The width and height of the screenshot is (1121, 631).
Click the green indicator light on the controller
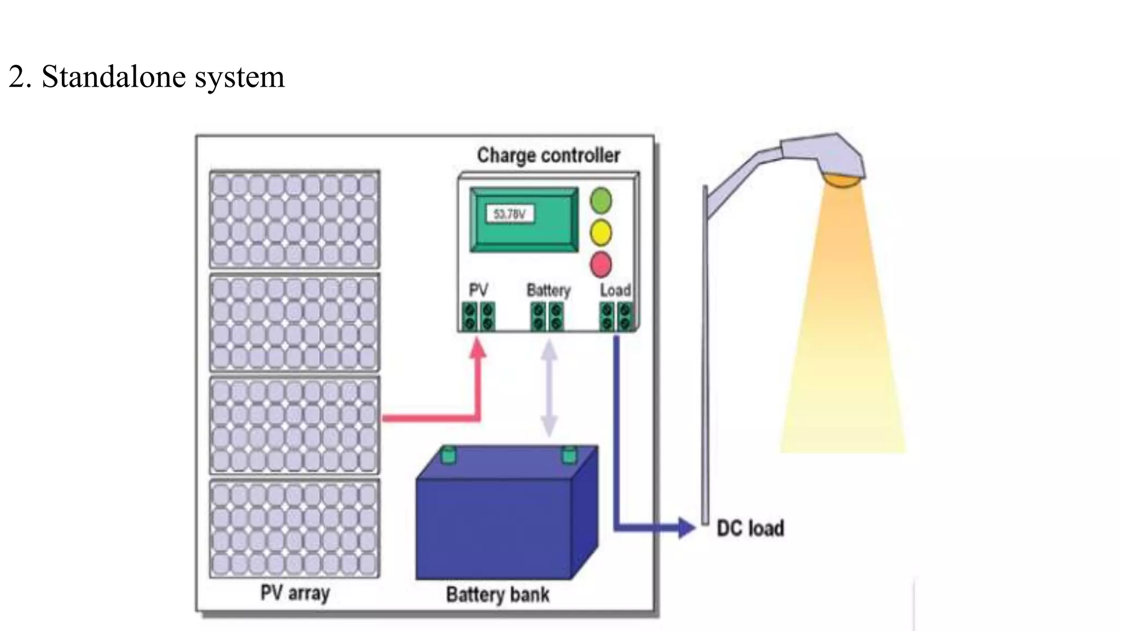click(600, 200)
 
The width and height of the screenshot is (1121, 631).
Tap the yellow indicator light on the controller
click(600, 232)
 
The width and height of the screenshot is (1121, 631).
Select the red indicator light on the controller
click(600, 265)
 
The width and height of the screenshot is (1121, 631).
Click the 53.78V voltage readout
click(510, 214)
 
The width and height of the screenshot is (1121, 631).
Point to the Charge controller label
click(548, 155)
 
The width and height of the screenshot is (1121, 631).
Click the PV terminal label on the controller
click(478, 290)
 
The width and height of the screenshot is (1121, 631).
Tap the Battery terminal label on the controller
click(548, 290)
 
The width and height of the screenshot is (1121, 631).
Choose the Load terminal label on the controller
click(615, 290)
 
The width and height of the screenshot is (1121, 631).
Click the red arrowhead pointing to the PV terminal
click(478, 348)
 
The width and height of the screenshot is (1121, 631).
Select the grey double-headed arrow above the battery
click(549, 388)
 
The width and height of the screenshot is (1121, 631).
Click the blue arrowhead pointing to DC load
click(685, 527)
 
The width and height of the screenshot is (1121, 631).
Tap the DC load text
click(750, 529)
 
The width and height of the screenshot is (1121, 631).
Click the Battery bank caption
click(497, 594)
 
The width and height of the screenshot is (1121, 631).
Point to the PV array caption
click(294, 593)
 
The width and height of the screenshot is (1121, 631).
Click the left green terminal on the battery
click(448, 455)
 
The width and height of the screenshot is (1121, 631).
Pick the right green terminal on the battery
click(569, 455)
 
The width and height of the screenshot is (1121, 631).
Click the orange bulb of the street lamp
click(843, 180)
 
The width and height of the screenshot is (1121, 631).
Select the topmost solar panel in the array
click(294, 219)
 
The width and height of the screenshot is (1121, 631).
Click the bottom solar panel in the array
click(294, 528)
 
